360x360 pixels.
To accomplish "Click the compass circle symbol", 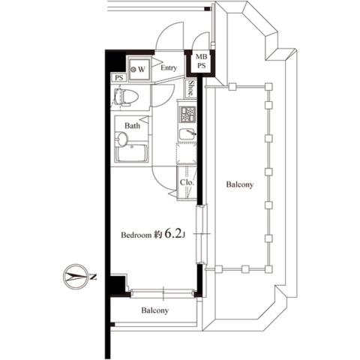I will pyautogui.click(x=72, y=277).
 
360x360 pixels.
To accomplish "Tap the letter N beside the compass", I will pyautogui.click(x=94, y=277).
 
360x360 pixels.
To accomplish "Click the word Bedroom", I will pyautogui.click(x=136, y=235).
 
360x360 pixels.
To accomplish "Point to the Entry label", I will pyautogui.click(x=169, y=67).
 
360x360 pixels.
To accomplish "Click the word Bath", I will pyautogui.click(x=132, y=126).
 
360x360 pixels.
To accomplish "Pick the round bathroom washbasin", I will pyautogui.click(x=124, y=139).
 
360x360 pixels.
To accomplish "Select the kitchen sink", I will pyautogui.click(x=187, y=133).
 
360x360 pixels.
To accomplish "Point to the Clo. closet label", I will pyautogui.click(x=187, y=182).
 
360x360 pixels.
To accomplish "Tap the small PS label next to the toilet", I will pyautogui.click(x=118, y=78).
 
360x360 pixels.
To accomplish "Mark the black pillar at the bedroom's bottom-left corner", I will pyautogui.click(x=114, y=285).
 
